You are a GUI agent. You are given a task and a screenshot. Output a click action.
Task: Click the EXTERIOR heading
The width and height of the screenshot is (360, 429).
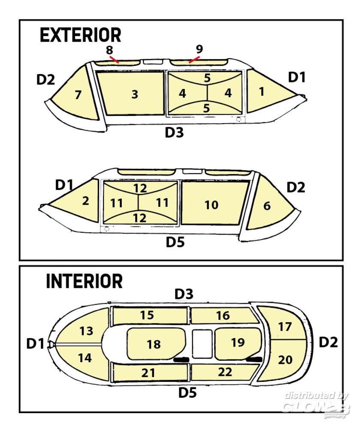pyautogui.click(x=80, y=35)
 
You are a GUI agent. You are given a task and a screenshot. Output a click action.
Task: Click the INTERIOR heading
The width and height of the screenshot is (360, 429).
pyautogui.click(x=84, y=281)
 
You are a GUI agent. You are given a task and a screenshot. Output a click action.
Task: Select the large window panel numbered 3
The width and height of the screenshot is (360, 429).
pyautogui.click(x=130, y=94)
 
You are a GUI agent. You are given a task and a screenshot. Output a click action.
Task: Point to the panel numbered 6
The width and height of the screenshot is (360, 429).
pyautogui.click(x=268, y=205)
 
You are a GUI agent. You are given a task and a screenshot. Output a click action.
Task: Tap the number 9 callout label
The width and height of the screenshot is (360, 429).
pyautogui.click(x=199, y=48)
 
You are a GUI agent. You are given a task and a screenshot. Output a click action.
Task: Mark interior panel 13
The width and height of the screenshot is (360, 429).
pyautogui.click(x=86, y=331)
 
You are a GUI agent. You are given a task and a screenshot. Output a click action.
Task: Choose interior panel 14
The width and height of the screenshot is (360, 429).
pyautogui.click(x=85, y=358)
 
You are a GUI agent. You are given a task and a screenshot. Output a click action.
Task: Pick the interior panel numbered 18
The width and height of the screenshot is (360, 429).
pyautogui.click(x=154, y=344)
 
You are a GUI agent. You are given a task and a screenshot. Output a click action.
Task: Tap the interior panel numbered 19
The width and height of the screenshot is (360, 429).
pyautogui.click(x=237, y=342)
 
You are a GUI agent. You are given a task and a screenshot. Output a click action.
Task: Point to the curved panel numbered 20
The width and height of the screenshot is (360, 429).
pyautogui.click(x=285, y=360)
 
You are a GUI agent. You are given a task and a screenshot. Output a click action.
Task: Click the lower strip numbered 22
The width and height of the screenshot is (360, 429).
pyautogui.click(x=224, y=372)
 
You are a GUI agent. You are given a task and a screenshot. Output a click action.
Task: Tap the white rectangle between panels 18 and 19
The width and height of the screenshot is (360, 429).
pyautogui.click(x=202, y=344)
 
